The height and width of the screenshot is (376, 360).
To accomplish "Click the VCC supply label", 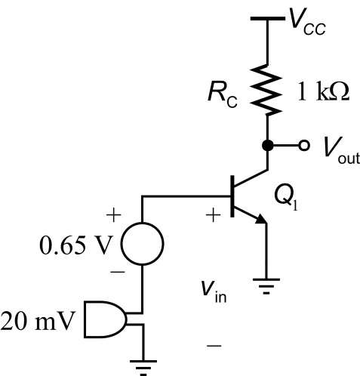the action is [307, 21].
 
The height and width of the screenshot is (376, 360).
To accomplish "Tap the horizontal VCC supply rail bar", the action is [268, 18].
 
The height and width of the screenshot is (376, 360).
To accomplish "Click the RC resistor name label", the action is [223, 95].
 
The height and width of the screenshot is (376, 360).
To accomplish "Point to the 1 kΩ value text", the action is [323, 91].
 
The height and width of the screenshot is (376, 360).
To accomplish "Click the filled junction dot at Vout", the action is [267, 146].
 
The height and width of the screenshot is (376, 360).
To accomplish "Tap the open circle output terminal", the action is [304, 146].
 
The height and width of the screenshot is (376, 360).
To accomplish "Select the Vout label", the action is [342, 150].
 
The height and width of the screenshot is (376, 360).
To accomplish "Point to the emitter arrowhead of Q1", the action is [262, 219].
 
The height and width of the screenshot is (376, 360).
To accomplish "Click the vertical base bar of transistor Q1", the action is [232, 196].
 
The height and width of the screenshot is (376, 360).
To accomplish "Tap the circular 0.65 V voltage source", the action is [143, 244].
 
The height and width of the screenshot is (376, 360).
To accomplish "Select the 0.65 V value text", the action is [75, 245].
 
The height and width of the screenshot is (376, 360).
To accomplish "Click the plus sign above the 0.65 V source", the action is [114, 215].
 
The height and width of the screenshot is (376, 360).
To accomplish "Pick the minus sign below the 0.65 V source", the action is [118, 272].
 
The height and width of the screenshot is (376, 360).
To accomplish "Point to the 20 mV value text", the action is [38, 322].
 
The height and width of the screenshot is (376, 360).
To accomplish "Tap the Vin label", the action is [214, 291].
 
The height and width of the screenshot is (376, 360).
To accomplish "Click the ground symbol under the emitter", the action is [266, 286].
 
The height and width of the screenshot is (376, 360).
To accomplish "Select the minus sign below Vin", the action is [214, 346].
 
